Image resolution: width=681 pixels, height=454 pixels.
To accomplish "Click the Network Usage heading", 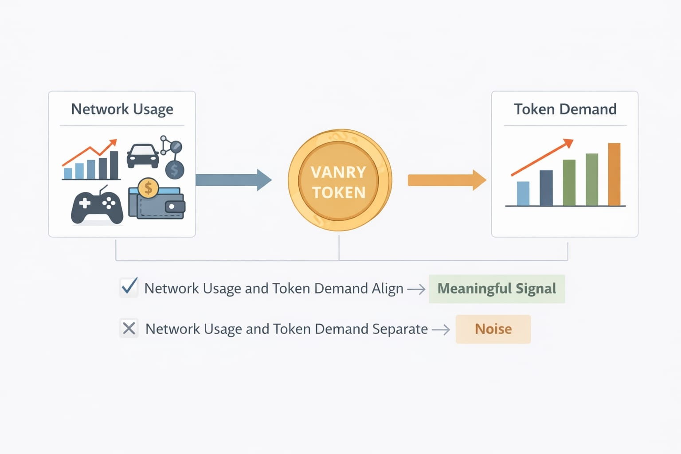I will click(122, 109).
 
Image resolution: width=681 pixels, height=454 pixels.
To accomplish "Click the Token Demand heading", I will click(565, 109).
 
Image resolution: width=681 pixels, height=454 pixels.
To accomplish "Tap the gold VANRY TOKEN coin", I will click(339, 180).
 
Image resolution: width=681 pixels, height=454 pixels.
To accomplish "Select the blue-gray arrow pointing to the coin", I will click(233, 180).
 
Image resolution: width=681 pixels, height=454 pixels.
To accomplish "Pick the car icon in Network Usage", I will click(143, 156).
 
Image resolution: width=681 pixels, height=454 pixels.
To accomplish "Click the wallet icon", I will click(157, 205).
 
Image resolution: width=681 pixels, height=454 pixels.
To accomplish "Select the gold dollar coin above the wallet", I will click(148, 188).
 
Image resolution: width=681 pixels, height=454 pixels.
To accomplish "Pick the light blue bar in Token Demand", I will click(523, 194).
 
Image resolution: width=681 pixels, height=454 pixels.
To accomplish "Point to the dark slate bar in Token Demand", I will click(546, 188).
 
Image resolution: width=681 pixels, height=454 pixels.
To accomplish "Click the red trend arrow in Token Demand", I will click(542, 157).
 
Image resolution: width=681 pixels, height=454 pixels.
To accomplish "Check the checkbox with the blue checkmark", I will click(129, 288).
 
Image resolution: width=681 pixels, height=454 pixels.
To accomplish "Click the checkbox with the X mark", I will click(129, 329).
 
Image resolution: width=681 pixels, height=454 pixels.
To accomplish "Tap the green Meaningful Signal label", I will click(497, 289).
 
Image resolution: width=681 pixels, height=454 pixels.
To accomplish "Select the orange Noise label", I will click(493, 329).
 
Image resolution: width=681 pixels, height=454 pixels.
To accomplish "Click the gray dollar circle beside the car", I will click(175, 170).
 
